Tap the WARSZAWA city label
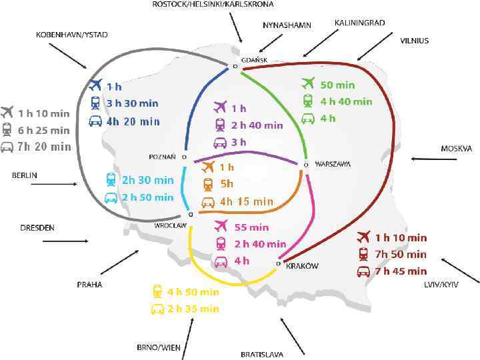[333, 164]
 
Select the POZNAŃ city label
[162, 157]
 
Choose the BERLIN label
[25, 175]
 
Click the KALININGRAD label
[359, 22]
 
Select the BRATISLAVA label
[262, 354]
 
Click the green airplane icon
[308, 84]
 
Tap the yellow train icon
[157, 291]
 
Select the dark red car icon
[363, 271]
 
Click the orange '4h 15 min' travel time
[246, 201]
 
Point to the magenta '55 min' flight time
[251, 227]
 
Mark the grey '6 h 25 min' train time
[43, 130]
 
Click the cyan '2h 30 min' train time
[147, 180]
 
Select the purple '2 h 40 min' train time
[257, 125]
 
